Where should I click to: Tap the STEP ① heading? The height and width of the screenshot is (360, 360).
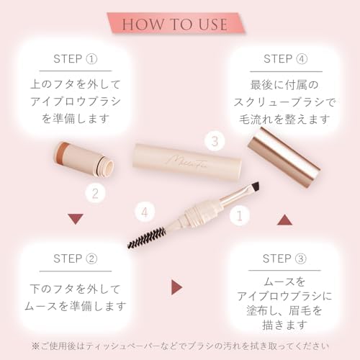pyautogui.click(x=76, y=58)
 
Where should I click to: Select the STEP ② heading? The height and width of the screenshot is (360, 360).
pyautogui.click(x=76, y=258)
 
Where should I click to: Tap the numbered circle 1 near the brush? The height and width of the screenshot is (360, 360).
pyautogui.click(x=238, y=214)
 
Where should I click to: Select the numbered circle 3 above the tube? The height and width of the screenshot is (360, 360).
pyautogui.click(x=212, y=140)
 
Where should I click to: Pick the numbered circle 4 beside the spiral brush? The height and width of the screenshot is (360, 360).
pyautogui.click(x=146, y=212)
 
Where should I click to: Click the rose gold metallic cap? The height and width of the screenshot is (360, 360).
pyautogui.click(x=286, y=157)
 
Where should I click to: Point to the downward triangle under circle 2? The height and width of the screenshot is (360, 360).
pyautogui.click(x=76, y=219)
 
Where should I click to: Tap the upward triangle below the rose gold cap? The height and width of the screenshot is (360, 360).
pyautogui.click(x=284, y=219)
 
